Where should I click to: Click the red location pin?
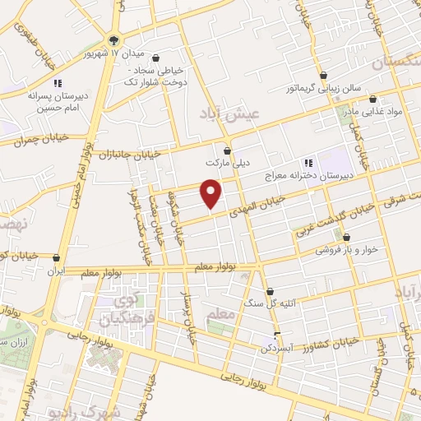212,193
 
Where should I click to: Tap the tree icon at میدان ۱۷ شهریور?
113,40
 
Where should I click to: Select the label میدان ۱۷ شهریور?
114,53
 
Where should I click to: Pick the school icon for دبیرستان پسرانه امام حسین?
58,83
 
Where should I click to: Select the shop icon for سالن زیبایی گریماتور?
326,75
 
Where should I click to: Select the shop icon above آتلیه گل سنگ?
272,291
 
